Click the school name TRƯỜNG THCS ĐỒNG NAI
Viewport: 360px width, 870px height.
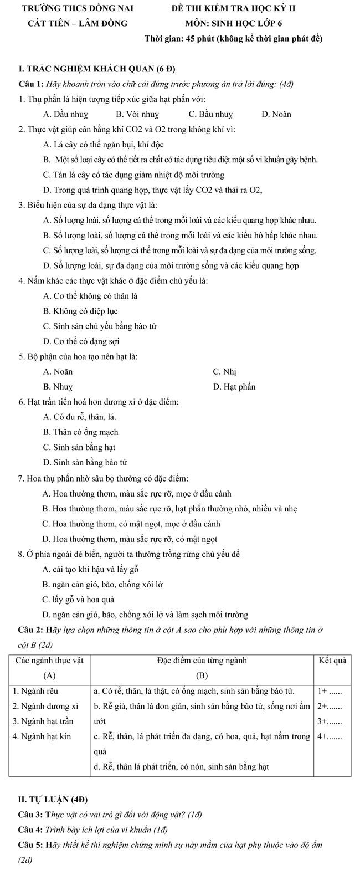77,9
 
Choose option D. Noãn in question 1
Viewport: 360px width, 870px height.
276,115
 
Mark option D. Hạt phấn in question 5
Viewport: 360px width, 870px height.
234,386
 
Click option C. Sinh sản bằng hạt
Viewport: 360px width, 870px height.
79,447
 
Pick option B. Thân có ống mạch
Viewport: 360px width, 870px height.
80,432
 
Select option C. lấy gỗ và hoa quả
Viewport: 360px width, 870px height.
79,599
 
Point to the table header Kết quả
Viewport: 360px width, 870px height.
332,660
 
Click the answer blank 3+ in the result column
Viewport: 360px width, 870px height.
330,722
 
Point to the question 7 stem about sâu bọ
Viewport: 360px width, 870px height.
103,478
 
